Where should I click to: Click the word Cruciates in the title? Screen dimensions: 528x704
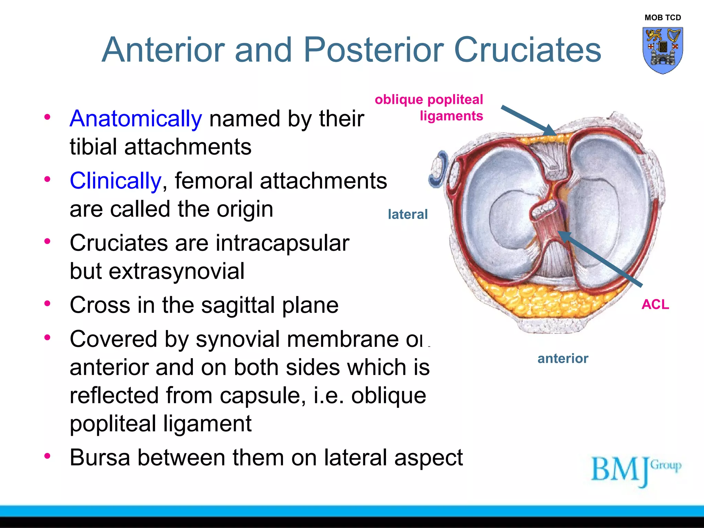527,50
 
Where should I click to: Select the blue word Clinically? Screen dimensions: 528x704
115,181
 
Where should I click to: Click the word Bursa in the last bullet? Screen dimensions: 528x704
100,458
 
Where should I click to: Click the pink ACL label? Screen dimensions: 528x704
655,305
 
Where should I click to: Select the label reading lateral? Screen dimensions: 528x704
408,214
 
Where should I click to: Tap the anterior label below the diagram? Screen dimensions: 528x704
563,359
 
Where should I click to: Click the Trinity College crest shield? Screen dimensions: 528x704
662,50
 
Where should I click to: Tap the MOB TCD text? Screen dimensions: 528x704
662,18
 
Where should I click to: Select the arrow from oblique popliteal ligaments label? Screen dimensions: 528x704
528,120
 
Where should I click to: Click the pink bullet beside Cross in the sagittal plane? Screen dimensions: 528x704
47,304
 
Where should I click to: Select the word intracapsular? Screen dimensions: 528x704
282,243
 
